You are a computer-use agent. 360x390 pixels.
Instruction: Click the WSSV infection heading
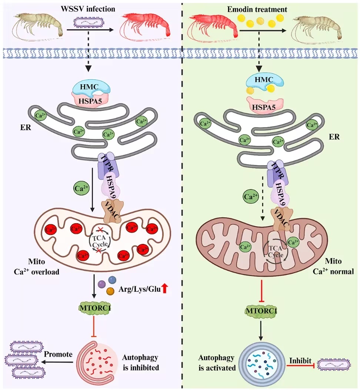88,9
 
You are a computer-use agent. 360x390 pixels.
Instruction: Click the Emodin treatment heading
257,9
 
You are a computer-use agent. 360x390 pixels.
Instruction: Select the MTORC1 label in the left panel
95,308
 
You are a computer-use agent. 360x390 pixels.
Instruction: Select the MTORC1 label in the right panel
261,311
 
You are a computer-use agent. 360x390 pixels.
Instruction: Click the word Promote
58,354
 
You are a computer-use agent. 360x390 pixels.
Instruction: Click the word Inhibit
300,360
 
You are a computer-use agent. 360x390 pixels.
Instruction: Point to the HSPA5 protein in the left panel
90,100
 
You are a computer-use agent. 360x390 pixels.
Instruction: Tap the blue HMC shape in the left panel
89,87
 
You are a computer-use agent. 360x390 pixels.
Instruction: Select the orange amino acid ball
110,291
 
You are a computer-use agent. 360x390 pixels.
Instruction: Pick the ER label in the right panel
334,137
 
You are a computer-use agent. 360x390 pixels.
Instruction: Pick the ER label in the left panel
26,128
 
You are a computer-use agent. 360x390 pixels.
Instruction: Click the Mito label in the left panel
37,262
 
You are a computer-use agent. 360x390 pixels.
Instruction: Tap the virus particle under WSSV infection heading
89,22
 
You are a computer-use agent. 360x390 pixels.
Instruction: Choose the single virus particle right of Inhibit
334,365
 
